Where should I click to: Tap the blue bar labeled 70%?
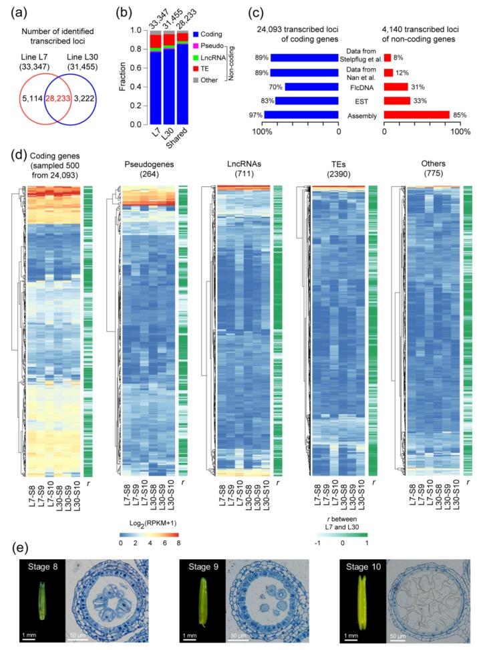click(313, 86)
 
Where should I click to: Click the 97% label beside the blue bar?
click(255, 115)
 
